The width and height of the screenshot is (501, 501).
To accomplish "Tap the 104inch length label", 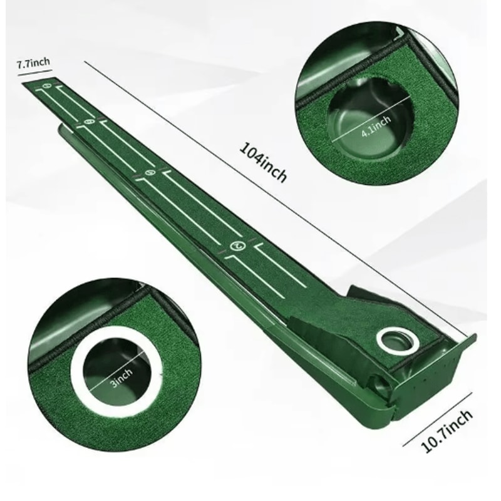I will click(x=264, y=162).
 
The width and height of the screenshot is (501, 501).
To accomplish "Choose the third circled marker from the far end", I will click(x=150, y=172).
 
